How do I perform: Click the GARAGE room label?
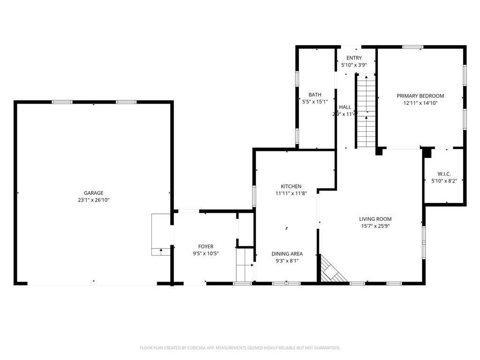93,193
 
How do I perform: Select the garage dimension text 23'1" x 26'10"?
93,200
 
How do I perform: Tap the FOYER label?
205,247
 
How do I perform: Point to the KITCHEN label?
291,187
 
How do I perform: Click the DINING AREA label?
287,254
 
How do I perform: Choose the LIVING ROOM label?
375,219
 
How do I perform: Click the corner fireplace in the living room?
332,270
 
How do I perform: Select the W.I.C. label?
444,174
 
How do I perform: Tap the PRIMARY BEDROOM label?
420,96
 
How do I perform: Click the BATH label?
315,95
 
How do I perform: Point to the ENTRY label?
354,58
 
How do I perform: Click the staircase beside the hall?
366,112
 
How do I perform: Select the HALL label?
345,107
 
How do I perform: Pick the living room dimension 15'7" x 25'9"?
375,226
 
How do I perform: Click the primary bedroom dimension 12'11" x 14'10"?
420,103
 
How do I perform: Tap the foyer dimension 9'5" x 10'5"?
205,254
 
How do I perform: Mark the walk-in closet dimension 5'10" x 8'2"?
444,180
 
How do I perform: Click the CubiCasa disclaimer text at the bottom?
240,348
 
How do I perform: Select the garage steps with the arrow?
161,234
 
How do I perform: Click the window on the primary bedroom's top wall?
412,47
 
